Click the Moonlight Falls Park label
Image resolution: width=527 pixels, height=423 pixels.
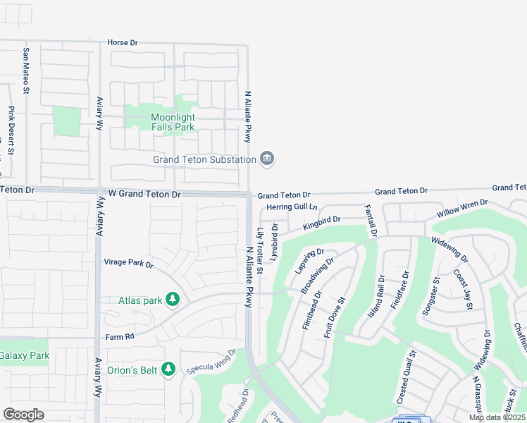(173, 122)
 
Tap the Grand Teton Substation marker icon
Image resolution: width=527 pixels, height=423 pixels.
(267, 159)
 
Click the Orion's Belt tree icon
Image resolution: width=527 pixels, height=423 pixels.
(168, 369)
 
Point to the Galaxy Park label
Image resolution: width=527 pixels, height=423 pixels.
(25, 355)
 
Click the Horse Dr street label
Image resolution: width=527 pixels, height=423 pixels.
(122, 42)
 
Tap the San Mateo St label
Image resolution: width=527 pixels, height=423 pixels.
(26, 70)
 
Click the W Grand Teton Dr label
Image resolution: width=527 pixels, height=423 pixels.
(144, 193)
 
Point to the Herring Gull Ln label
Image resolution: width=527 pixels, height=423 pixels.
(292, 207)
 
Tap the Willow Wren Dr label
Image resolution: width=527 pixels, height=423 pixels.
(461, 209)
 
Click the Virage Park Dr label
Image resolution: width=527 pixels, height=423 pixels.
(128, 264)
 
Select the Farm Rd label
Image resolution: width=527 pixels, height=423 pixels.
(120, 337)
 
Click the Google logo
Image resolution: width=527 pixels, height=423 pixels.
(23, 414)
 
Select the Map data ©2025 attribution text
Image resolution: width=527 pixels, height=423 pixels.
(497, 417)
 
